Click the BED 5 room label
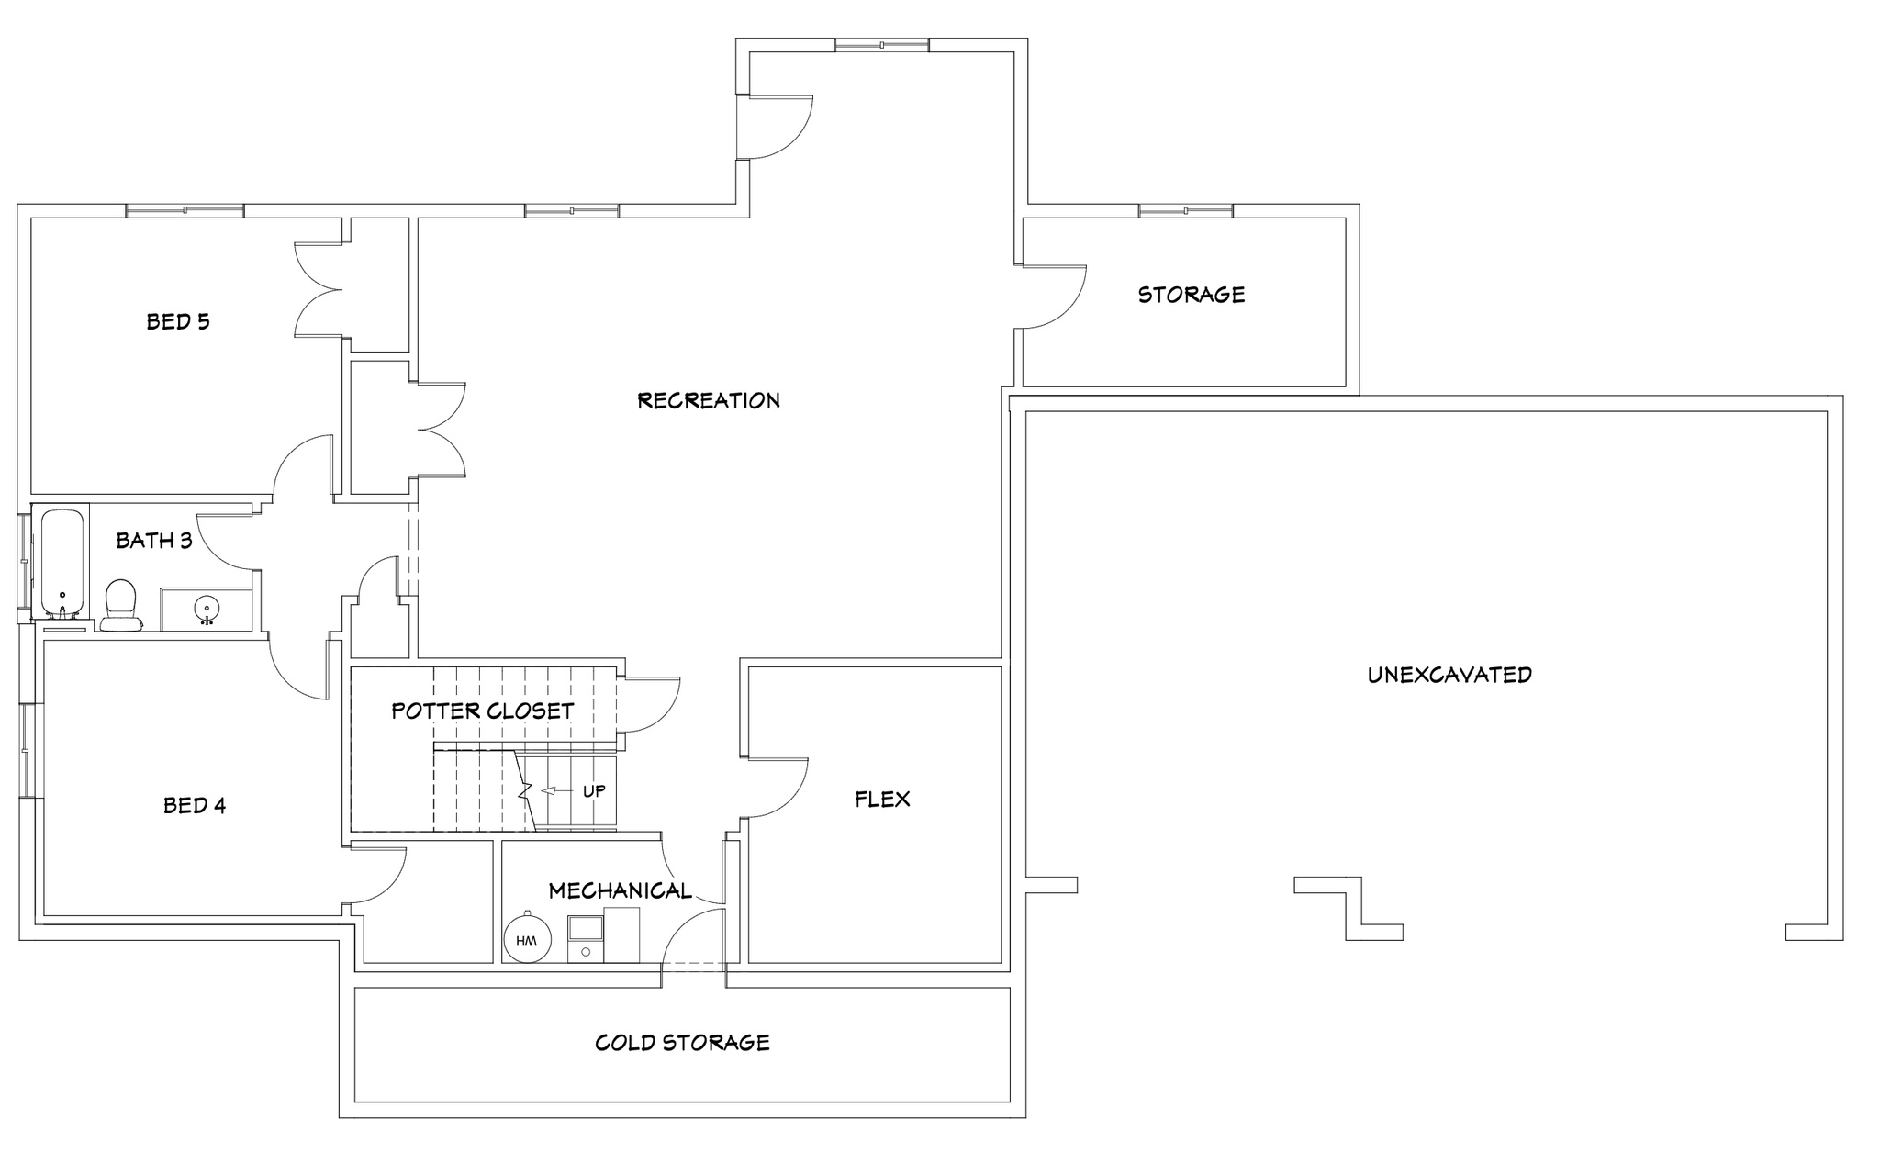tap(178, 321)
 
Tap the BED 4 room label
tap(195, 805)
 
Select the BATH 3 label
tap(154, 540)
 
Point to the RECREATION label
tap(709, 400)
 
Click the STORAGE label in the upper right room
tap(1192, 295)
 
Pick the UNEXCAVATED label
tap(1449, 675)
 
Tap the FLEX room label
tap(882, 799)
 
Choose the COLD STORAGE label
tap(682, 1043)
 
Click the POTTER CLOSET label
tap(483, 711)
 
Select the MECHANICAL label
tap(620, 890)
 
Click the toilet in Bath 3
tap(121, 606)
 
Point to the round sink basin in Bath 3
tap(207, 608)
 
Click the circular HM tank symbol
tap(527, 940)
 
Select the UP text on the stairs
tap(594, 790)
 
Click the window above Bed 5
tap(185, 210)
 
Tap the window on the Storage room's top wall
tap(1186, 210)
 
